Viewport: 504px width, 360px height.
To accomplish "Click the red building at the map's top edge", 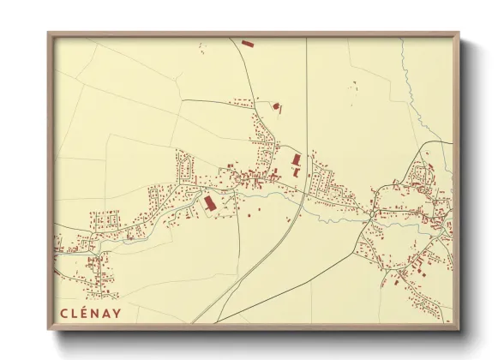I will coord(247,42).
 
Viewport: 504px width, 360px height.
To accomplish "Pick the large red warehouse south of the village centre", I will coord(208,202).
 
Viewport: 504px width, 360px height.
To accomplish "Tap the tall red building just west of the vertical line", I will coord(297,160).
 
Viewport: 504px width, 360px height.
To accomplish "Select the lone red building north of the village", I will coord(276,107).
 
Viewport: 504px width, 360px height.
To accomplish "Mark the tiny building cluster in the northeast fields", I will coord(352,85).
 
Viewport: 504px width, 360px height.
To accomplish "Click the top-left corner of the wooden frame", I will coord(50,34).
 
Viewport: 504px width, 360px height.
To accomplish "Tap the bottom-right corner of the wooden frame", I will coord(458,328).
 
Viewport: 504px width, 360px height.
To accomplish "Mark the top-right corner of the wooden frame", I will coord(458,34).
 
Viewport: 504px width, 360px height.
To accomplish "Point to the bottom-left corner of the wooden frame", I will coord(50,328).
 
